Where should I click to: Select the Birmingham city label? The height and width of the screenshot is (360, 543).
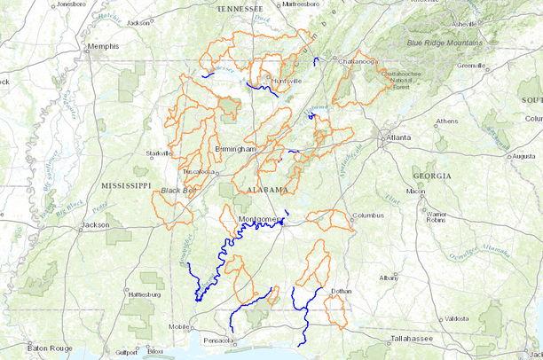coord(235,149)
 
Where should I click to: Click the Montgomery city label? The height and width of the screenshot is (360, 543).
coord(259,218)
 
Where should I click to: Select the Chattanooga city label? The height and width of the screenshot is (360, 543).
coord(357,61)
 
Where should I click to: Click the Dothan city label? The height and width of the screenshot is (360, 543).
coord(341,291)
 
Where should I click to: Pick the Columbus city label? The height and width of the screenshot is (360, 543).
coord(367,215)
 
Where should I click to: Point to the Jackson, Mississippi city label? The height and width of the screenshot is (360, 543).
coord(95,225)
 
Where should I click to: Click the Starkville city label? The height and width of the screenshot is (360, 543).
coord(160,153)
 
